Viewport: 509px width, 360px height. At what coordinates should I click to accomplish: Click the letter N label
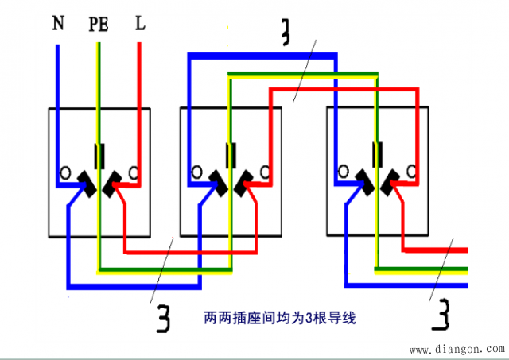[x=58, y=24]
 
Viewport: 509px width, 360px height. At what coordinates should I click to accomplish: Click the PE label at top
[x=99, y=25]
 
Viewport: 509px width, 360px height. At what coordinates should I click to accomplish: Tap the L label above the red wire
[x=140, y=24]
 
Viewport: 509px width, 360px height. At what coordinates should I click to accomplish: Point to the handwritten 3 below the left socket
[x=165, y=319]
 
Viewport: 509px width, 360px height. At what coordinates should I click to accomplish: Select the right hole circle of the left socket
[x=135, y=172]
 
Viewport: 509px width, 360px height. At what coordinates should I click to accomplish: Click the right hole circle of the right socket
[x=412, y=169]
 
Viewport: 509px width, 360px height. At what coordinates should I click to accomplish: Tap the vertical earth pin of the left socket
[x=99, y=156]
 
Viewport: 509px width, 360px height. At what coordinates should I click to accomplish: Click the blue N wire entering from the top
[x=58, y=79]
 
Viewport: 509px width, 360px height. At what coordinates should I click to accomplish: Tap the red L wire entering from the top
[x=140, y=79]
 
